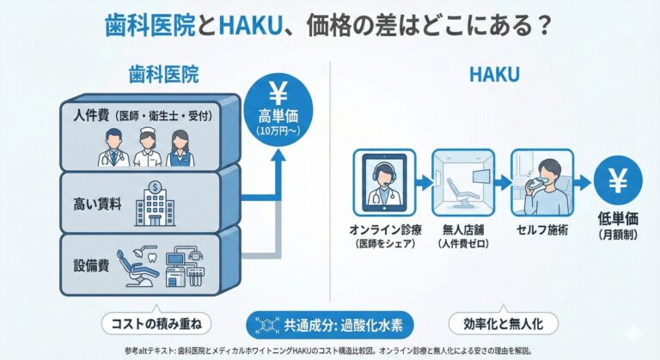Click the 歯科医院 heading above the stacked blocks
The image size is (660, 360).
(163, 74)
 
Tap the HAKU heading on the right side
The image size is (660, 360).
(494, 75)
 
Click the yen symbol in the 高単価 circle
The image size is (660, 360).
(278, 93)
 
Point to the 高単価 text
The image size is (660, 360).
(277, 117)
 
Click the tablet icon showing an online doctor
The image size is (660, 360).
(383, 180)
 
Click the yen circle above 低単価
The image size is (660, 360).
(619, 182)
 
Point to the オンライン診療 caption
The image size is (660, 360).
(383, 230)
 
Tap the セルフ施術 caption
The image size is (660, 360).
(540, 230)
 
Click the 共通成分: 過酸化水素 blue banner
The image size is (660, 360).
(329, 324)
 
